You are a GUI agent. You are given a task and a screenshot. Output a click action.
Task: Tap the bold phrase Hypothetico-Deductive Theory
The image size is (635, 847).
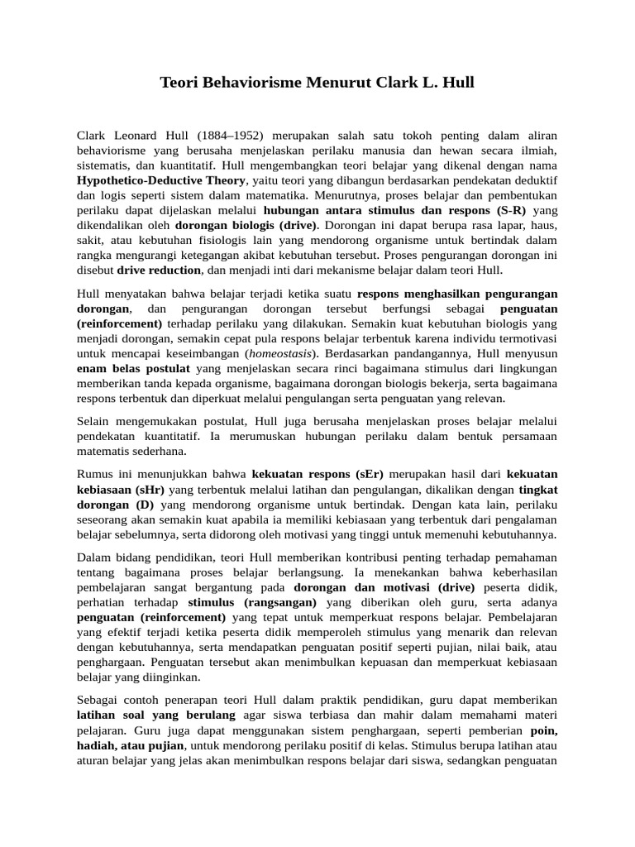coord(160,180)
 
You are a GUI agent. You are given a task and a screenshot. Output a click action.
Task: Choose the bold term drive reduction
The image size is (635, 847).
coord(159,270)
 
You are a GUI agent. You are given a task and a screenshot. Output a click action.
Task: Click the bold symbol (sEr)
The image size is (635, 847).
coord(370,474)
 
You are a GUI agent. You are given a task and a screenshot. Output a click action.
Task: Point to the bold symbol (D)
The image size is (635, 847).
coord(146,504)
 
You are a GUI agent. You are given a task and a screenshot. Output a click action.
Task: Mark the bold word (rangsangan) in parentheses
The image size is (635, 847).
coord(285,602)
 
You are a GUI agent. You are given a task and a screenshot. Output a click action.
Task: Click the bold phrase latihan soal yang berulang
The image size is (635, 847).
coord(156,715)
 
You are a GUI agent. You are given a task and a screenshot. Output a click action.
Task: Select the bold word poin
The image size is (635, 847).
coord(543,730)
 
